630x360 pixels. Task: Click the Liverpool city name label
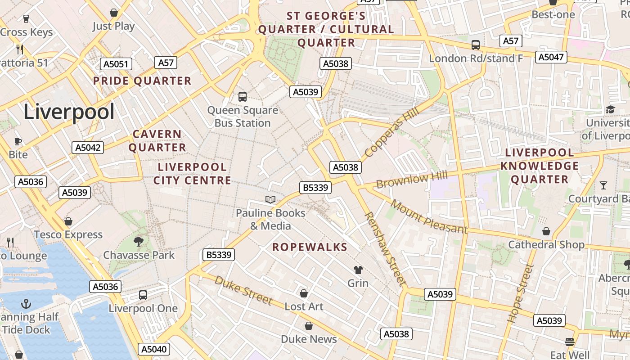pyautogui.click(x=69, y=112)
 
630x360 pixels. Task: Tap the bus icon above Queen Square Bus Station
pyautogui.click(x=242, y=96)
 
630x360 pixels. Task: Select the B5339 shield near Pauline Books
pyautogui.click(x=315, y=187)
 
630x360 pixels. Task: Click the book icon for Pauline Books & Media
pyautogui.click(x=270, y=199)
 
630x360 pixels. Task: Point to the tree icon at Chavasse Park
pyautogui.click(x=139, y=242)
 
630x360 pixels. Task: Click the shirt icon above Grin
pyautogui.click(x=358, y=270)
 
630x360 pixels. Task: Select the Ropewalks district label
pyautogui.click(x=310, y=247)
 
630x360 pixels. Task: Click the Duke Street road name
pyautogui.click(x=243, y=290)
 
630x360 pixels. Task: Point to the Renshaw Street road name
pyautogui.click(x=385, y=249)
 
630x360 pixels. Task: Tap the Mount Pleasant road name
pyautogui.click(x=429, y=217)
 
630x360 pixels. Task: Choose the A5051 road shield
pyautogui.click(x=116, y=64)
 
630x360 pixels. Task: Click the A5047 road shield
pyautogui.click(x=551, y=57)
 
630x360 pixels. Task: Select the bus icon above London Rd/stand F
pyautogui.click(x=475, y=45)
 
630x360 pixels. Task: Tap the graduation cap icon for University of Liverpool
pyautogui.click(x=610, y=109)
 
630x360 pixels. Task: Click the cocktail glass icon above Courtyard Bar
pyautogui.click(x=603, y=185)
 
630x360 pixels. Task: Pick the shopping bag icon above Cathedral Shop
pyautogui.click(x=546, y=231)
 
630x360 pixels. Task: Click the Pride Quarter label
pyautogui.click(x=142, y=81)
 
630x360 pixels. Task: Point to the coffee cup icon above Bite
pyautogui.click(x=18, y=141)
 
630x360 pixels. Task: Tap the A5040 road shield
pyautogui.click(x=154, y=349)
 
